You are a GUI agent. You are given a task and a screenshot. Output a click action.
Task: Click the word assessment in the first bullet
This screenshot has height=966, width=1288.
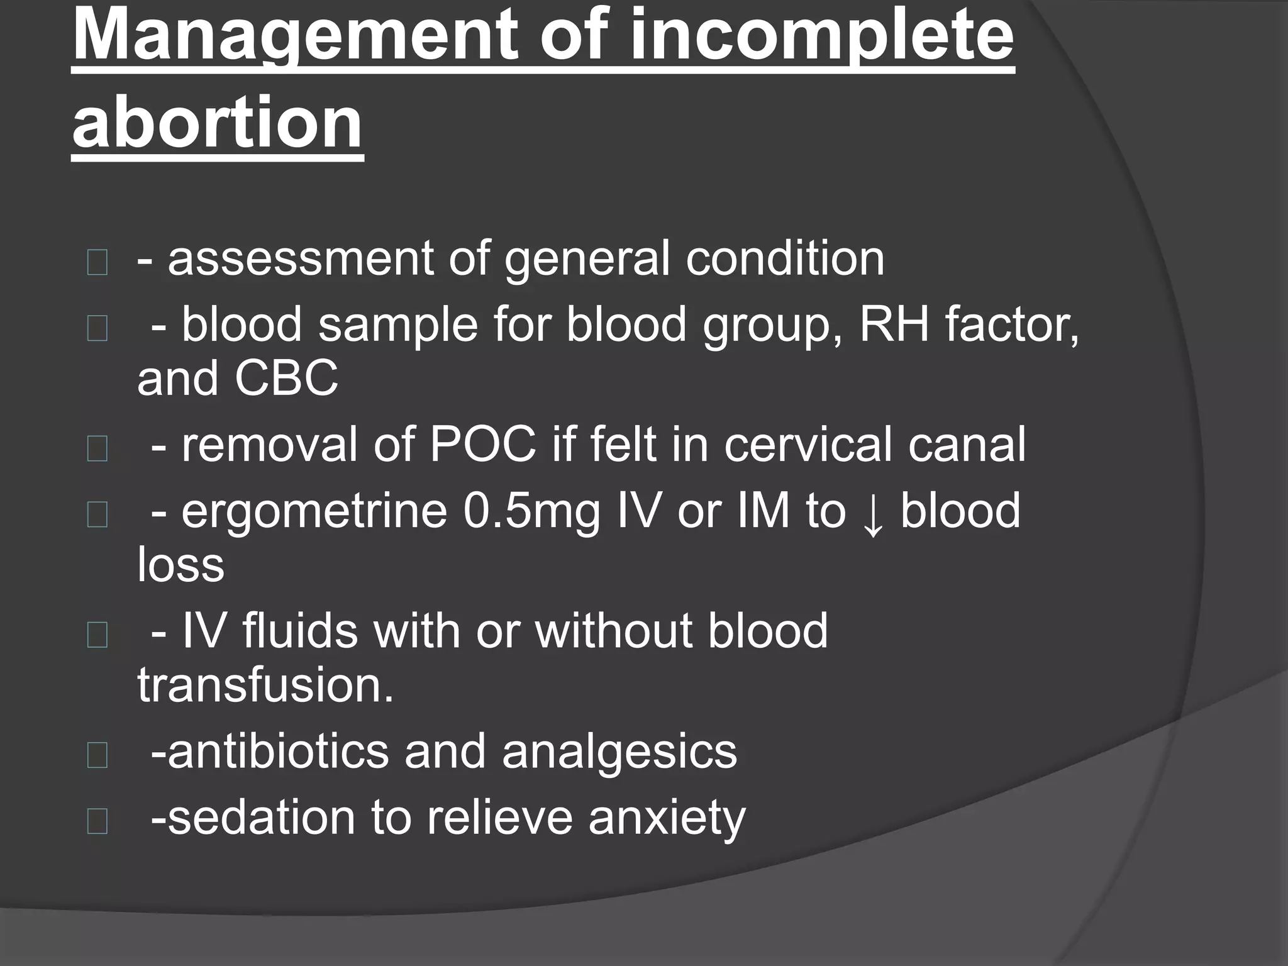pyautogui.click(x=300, y=258)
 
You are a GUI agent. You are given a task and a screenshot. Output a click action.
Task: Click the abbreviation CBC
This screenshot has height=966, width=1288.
pyautogui.click(x=286, y=379)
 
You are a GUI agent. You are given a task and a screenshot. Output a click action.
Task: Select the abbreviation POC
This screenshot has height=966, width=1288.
pyautogui.click(x=482, y=445)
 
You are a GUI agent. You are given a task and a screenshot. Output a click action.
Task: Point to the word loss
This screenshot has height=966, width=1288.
pyautogui.click(x=180, y=564)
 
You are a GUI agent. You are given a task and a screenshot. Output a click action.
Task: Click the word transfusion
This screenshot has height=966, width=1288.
pyautogui.click(x=265, y=685)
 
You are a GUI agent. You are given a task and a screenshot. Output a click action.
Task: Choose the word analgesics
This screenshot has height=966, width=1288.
pyautogui.click(x=619, y=752)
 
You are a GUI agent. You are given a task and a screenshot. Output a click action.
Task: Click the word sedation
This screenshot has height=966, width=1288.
pyautogui.click(x=261, y=818)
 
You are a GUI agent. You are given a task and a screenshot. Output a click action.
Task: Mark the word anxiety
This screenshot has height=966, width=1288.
pyautogui.click(x=667, y=818)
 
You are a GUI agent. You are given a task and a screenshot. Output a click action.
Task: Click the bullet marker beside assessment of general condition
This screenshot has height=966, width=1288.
pyautogui.click(x=97, y=262)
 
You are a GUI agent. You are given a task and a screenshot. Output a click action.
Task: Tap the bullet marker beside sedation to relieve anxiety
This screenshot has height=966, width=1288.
pyautogui.click(x=97, y=821)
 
